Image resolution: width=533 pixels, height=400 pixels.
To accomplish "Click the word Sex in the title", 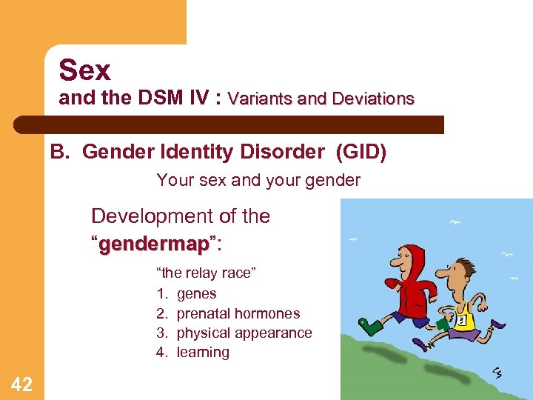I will (x=84, y=71).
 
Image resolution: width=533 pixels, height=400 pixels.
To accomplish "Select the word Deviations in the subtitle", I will (x=373, y=99).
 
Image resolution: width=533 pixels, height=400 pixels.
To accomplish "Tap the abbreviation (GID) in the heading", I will (x=361, y=152).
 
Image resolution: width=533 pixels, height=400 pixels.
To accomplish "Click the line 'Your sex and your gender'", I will (x=258, y=180).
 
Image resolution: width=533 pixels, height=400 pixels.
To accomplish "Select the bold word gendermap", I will (x=154, y=244).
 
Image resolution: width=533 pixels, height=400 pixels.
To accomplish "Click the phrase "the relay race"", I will (x=206, y=273).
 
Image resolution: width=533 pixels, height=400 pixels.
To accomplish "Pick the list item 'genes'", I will (x=196, y=293).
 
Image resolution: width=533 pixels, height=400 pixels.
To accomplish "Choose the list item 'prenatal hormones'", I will (x=238, y=313).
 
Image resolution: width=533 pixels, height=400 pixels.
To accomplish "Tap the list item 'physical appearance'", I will (x=244, y=333).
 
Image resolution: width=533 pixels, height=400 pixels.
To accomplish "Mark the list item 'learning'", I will (x=203, y=353).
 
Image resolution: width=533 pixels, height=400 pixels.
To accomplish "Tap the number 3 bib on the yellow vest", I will (x=461, y=321).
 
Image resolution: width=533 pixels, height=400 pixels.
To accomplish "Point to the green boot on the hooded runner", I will (x=368, y=325).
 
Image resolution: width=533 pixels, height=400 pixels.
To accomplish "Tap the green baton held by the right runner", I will (x=443, y=324).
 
